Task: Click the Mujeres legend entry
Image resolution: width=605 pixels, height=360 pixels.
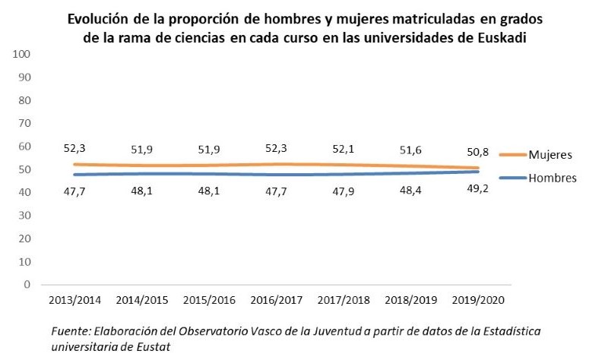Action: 546,155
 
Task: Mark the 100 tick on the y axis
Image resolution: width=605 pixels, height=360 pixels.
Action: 21,55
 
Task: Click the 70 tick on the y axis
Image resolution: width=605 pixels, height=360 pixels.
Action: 24,124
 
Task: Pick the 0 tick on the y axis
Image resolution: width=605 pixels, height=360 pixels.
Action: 27,285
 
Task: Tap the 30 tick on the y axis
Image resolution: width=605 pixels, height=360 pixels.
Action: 24,216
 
